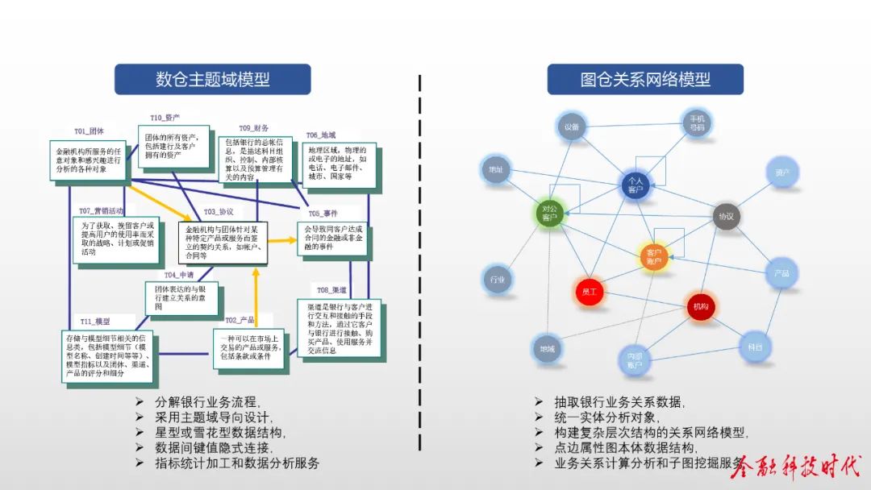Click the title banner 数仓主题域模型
coord(212,79)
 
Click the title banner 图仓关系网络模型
coord(644,79)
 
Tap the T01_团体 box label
coord(90,131)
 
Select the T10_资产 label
coord(165,118)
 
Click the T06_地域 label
coord(320,135)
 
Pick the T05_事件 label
coord(322,214)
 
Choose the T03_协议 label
coord(218,212)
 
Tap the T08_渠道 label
coord(332,290)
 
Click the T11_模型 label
coord(94,322)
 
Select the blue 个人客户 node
coord(636,185)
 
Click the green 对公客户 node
coord(549,214)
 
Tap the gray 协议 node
coord(726,216)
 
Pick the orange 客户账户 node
coord(654,256)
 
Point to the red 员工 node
coord(589,292)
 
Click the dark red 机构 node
coord(700,306)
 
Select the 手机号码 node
coord(696,123)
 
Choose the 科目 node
coord(755,347)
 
